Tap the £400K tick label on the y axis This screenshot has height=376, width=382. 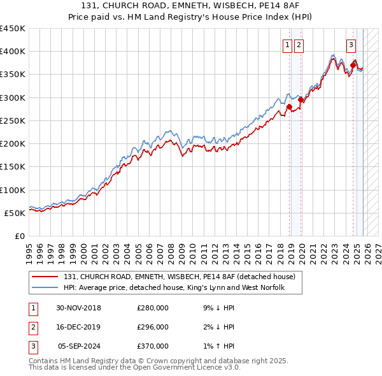(x=12, y=52)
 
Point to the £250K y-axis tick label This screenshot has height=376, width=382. (x=12, y=120)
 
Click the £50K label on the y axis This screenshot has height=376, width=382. (x=15, y=213)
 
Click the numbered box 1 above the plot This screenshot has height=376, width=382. (x=288, y=45)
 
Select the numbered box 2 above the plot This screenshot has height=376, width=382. (x=299, y=45)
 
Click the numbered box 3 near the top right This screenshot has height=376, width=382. (x=351, y=45)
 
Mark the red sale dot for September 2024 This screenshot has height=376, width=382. (x=353, y=65)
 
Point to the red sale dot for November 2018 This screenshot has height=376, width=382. (x=289, y=107)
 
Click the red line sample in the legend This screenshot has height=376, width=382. (x=45, y=277)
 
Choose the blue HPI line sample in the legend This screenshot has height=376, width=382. (x=45, y=289)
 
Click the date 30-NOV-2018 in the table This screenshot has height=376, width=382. (x=78, y=308)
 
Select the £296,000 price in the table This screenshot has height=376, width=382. (x=153, y=327)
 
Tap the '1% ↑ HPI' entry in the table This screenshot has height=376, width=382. (x=216, y=346)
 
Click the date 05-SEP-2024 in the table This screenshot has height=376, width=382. (x=80, y=346)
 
